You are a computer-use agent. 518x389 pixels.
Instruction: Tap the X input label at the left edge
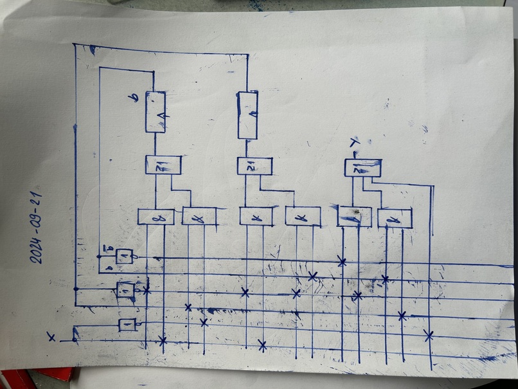[51, 336]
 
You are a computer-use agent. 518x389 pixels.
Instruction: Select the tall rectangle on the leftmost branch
[155, 112]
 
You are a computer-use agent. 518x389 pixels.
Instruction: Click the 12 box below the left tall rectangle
[163, 165]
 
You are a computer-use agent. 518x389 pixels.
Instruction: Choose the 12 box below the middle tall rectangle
[255, 166]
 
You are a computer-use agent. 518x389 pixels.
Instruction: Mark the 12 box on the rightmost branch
[362, 168]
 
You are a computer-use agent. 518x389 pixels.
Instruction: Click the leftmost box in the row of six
[156, 217]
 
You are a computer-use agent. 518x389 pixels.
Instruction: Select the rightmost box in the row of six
[395, 219]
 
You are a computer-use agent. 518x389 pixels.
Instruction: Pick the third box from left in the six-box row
[256, 217]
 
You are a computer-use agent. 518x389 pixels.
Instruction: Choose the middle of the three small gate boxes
[126, 291]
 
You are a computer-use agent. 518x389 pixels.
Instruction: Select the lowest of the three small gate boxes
[127, 325]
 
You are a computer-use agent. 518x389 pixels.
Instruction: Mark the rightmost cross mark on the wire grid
[429, 334]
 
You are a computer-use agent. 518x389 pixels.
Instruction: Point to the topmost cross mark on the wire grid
[342, 261]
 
